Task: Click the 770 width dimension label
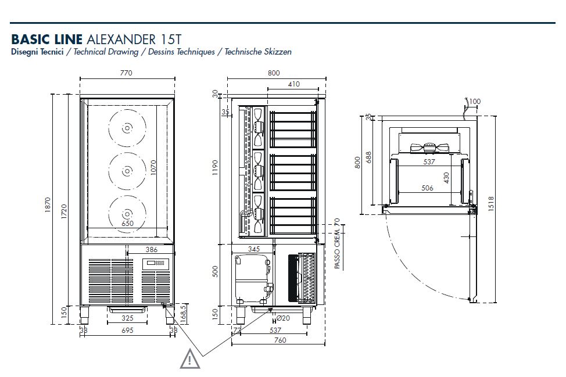pos(126,73)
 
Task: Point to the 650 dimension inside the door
pos(127,222)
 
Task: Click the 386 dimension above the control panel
pos(151,249)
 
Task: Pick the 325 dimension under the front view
pos(127,318)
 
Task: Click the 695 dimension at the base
pos(127,330)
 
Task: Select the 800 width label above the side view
pos(274,73)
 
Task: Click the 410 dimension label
pos(293,84)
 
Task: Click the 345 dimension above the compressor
pos(253,249)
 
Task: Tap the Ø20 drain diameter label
pos(283,318)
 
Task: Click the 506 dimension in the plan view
pos(428,188)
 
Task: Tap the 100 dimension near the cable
pos(475,102)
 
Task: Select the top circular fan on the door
pos(126,128)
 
